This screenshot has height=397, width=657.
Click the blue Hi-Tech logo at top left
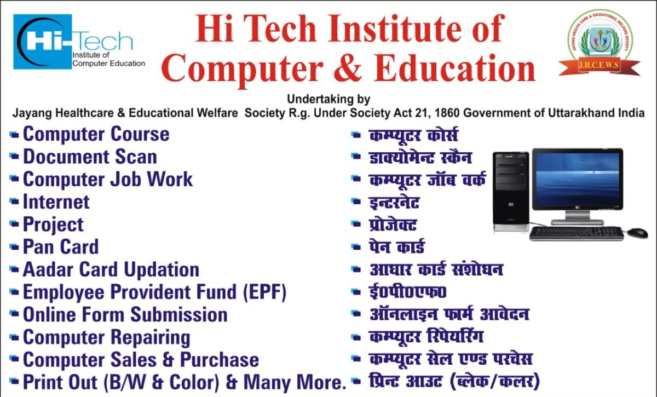[79, 42]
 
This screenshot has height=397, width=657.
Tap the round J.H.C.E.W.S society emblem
[600, 43]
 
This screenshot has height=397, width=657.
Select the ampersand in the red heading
[348, 67]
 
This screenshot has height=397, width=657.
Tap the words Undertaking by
[328, 99]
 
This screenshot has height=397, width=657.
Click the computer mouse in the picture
[638, 233]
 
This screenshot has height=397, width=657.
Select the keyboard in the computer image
[577, 234]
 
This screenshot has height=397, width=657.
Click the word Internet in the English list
[56, 202]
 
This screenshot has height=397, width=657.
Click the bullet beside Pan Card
[14, 247]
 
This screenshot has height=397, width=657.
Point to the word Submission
[179, 314]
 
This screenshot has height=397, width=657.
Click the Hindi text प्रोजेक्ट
[393, 224]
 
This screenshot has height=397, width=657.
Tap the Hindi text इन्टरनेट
[394, 202]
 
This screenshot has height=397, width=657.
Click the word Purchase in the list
[220, 360]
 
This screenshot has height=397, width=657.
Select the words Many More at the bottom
[295, 382]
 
